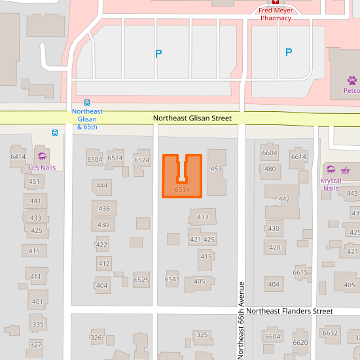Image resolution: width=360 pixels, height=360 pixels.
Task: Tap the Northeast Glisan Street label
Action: tap(192, 118)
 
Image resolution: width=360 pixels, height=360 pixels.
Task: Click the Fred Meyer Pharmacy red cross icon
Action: tap(276, 2)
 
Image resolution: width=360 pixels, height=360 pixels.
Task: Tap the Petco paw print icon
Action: tap(352, 80)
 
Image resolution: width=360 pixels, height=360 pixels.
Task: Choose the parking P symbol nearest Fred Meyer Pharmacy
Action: tap(289, 52)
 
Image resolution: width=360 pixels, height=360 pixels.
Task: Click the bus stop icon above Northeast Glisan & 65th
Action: tap(87, 103)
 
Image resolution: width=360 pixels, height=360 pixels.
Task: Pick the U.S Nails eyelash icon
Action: tap(43, 156)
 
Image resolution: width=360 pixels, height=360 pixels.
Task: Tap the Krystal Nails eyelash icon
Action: tap(331, 170)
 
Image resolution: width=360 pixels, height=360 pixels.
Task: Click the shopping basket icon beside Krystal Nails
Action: tap(345, 170)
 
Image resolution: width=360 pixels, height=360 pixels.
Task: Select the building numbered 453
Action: tap(216, 169)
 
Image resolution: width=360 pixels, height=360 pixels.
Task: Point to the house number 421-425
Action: tap(202, 240)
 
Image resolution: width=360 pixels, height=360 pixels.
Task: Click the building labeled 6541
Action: tap(172, 279)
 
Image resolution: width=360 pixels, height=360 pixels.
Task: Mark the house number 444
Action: tap(101, 186)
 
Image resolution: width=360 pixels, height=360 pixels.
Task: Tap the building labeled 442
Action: tap(284, 199)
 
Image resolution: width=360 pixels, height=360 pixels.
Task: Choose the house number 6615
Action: tap(300, 272)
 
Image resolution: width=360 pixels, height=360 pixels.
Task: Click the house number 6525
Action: tap(141, 280)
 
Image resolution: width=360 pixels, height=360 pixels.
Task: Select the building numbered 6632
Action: tap(330, 333)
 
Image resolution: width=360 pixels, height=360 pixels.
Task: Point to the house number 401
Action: tap(37, 302)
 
